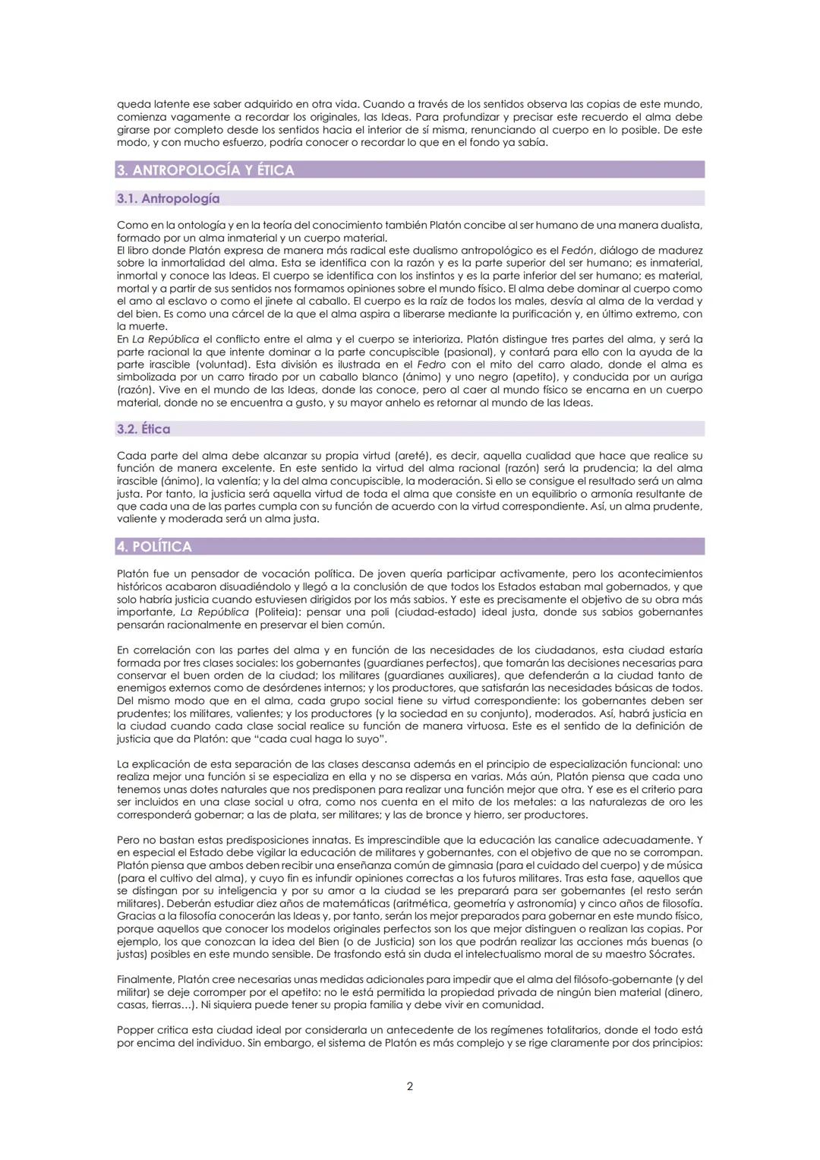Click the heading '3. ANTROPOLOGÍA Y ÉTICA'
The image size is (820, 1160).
click(x=205, y=170)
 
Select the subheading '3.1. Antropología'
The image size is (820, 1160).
click(x=168, y=199)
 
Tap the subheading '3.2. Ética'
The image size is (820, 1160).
click(x=143, y=429)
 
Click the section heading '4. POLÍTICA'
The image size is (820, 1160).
click(x=154, y=547)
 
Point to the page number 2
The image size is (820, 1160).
click(x=410, y=1086)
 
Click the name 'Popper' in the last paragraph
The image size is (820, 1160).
click(x=134, y=1030)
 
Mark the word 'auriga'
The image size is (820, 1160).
click(x=685, y=377)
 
